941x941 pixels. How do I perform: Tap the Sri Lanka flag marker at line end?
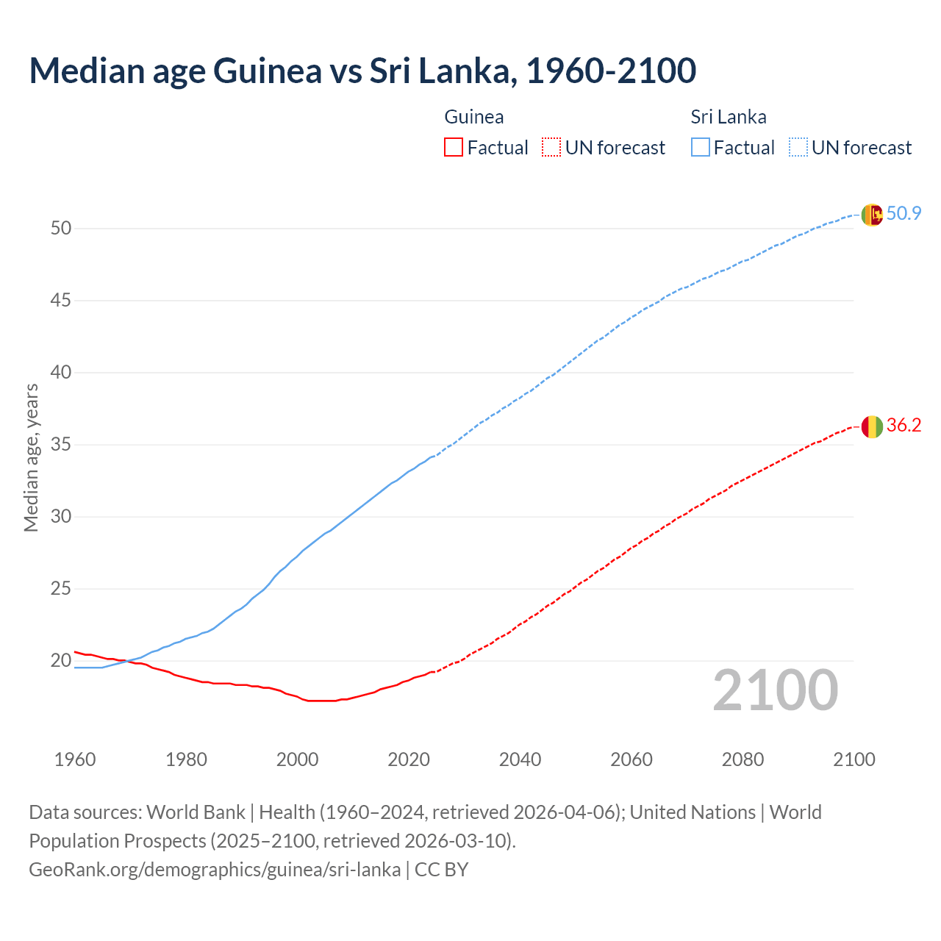872,215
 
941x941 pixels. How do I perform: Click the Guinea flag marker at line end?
872,426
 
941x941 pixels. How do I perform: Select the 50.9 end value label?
904,214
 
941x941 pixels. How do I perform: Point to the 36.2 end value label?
904,426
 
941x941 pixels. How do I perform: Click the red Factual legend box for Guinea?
454,148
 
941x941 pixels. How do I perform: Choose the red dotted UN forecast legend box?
551,148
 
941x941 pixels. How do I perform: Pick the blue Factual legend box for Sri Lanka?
700,148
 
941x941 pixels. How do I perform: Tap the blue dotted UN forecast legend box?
798,148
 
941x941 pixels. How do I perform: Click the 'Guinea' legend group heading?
474,117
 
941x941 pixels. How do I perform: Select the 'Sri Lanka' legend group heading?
728,117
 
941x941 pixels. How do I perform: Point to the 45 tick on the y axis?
61,301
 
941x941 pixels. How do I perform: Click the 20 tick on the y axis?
61,661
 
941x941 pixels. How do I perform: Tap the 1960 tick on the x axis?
75,759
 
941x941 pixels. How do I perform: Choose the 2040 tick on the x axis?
520,759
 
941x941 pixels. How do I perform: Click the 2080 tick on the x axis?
743,759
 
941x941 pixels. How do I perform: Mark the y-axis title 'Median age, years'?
31,457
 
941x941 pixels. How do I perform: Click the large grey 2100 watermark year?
775,690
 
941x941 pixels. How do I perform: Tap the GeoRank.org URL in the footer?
215,870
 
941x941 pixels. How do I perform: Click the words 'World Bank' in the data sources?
196,812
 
